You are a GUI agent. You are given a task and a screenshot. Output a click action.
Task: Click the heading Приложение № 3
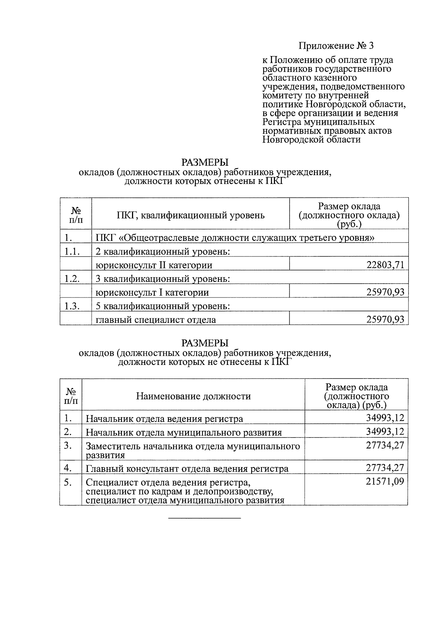coord(336,46)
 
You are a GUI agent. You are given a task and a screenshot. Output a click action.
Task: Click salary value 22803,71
coord(385,265)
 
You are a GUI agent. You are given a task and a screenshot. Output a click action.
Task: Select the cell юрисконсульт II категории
coord(154,265)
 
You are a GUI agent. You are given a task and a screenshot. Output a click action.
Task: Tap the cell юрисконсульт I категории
coord(152,292)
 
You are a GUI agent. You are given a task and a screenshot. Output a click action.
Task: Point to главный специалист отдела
coord(155,319)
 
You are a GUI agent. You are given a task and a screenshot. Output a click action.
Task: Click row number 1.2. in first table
coord(72,279)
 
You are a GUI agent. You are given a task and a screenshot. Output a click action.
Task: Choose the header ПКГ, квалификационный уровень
coord(190,215)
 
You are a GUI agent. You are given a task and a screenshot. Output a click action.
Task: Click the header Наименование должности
coord(193,396)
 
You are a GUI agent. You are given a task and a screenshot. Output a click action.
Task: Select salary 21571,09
coord(385,481)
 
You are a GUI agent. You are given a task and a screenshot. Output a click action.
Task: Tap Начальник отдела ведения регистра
coord(164,419)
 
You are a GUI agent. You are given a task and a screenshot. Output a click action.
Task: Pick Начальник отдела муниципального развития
coord(183,432)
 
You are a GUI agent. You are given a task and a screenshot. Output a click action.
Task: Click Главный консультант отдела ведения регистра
coord(187,469)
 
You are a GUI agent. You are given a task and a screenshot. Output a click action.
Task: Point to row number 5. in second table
coord(68,482)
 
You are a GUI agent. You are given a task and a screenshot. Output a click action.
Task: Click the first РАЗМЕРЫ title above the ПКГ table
coord(205,162)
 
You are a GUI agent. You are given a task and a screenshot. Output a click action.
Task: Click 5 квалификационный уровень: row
coord(162,306)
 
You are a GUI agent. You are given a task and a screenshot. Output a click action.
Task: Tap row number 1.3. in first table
coord(72,306)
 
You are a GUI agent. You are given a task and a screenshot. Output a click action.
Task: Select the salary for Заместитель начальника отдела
coord(385,446)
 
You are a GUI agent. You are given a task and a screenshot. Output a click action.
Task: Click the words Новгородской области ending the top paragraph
coord(311,140)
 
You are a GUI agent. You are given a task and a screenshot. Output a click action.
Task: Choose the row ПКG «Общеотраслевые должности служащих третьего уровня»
coord(235,238)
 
